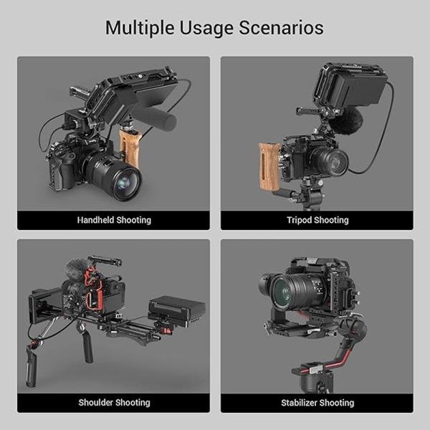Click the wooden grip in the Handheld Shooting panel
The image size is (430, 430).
click(x=130, y=148)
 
